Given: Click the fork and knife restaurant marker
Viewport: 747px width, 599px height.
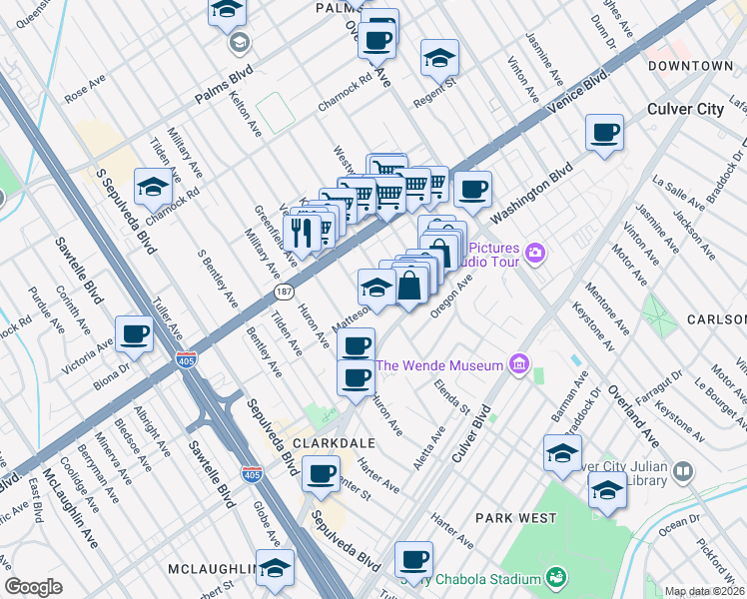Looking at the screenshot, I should pos(303,232).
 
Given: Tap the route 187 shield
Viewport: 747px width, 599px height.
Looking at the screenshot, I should pos(283,291).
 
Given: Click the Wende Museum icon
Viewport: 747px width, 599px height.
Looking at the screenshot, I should pos(518,365).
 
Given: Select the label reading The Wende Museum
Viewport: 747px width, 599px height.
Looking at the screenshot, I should pos(439,366).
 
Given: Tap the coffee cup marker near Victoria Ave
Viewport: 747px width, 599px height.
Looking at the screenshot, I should pos(134,334).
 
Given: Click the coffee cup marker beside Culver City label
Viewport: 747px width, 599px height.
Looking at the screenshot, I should pos(604,133).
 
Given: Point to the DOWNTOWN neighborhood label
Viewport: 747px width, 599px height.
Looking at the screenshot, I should pos(690,66).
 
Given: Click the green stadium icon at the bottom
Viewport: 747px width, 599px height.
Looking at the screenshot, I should pos(555,577).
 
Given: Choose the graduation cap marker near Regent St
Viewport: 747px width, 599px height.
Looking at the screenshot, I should pos(438,58).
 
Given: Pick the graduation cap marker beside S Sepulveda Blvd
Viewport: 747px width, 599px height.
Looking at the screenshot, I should pos(153,186).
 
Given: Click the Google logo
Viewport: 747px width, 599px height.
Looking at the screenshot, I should pos(33,587).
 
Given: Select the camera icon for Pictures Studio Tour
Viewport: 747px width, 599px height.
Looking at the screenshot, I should pos(536,253).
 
